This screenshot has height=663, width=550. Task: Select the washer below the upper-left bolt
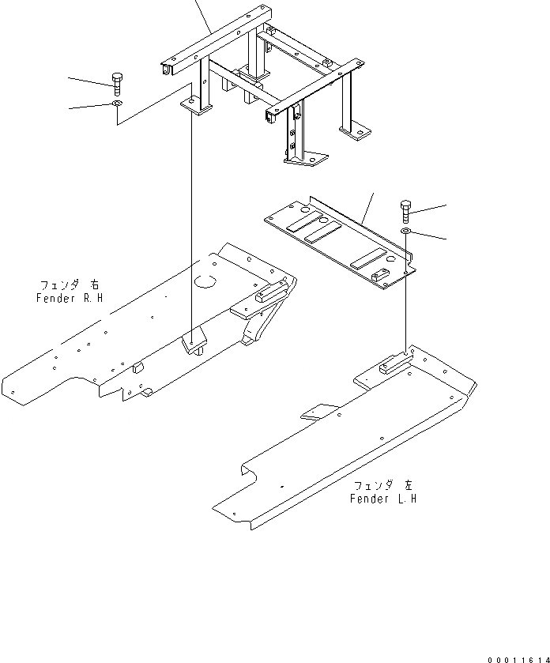pos(117,104)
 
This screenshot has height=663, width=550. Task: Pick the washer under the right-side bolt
pos(405,230)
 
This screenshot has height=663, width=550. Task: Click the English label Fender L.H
pos(383,499)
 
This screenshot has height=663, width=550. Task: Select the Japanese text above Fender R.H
pos(70,285)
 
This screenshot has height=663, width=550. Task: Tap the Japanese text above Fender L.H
pos(385,486)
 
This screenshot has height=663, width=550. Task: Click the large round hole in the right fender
pos(205,280)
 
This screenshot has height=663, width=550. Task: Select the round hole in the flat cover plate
pos(303,210)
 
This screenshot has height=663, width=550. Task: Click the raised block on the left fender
pos(391,364)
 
